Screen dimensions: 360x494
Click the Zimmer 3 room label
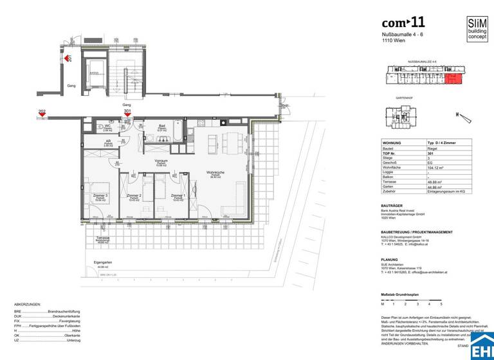click(x=100, y=196)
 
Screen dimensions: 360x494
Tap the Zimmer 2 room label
click(x=134, y=196)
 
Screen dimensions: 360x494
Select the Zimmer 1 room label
click(x=178, y=196)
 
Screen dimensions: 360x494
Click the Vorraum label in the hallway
click(x=161, y=161)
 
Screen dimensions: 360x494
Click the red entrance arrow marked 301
click(x=127, y=114)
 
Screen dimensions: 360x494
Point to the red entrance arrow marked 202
click(x=42, y=114)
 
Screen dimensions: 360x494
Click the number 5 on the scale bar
click(x=441, y=302)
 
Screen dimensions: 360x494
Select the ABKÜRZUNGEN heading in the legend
click(x=28, y=304)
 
